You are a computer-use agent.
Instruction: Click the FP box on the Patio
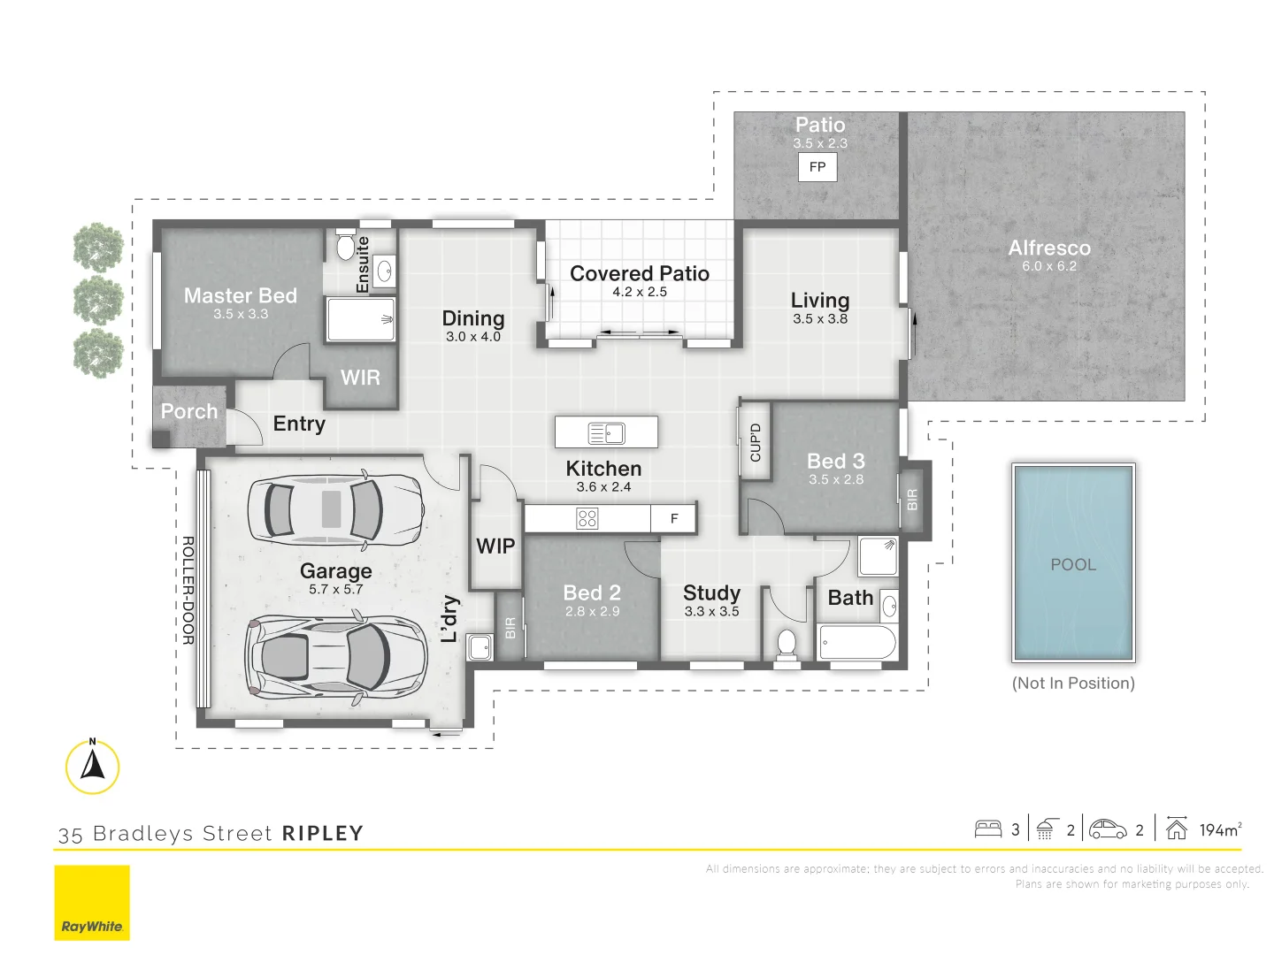coord(817,167)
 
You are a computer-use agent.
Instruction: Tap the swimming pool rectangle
coord(1073,562)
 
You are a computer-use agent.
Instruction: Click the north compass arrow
coord(92,764)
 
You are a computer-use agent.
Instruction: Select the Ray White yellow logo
coord(92,902)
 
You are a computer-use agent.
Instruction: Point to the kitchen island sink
coord(606,432)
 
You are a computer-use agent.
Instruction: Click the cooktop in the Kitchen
coord(587,518)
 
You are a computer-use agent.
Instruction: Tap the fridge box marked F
coord(673,518)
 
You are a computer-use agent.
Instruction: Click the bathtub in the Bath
coord(856,643)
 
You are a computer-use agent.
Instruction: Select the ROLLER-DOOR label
coord(188,591)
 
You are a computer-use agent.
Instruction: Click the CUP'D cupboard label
coord(756,442)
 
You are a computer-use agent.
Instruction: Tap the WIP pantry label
coord(495,546)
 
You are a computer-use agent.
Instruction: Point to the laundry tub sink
coord(480,646)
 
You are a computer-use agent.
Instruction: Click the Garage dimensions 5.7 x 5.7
coord(336,590)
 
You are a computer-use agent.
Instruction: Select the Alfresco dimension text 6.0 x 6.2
coord(1049,266)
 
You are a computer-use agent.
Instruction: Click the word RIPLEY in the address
coord(323,833)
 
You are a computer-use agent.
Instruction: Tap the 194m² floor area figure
coord(1221,829)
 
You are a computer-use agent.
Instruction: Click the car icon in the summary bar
coord(1108,829)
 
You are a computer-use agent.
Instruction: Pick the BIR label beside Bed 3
coord(912,500)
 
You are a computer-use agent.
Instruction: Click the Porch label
coord(189,411)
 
